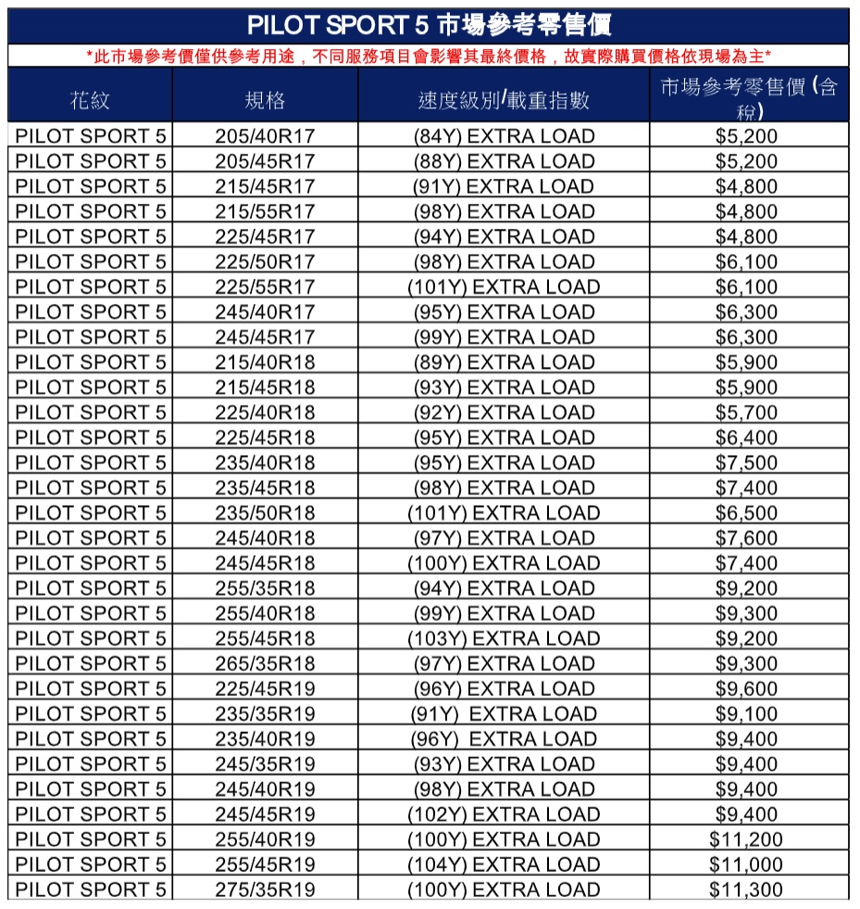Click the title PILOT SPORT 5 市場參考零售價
[429, 25]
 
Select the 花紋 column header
[89, 100]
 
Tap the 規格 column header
[265, 100]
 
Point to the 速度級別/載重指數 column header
[504, 100]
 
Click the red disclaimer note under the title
[429, 57]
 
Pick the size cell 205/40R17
[265, 136]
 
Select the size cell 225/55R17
[265, 287]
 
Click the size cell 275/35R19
[265, 890]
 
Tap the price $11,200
[746, 840]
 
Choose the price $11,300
[746, 890]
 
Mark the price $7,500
[746, 462]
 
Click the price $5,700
[746, 412]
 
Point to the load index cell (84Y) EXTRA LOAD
[504, 136]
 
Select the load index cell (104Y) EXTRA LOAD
[504, 865]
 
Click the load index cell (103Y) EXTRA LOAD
[504, 638]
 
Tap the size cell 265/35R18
[265, 663]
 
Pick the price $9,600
[746, 688]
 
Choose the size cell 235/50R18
[265, 512]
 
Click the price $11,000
[746, 865]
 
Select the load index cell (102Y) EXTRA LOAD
[504, 814]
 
